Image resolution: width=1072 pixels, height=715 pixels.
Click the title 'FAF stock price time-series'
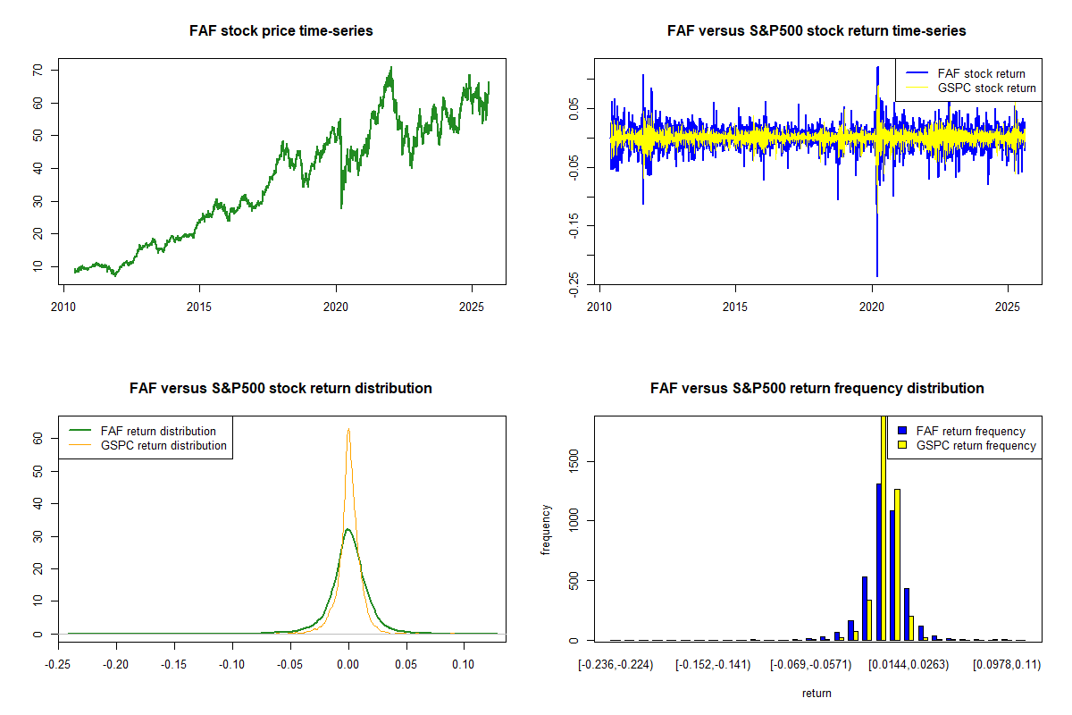coord(281,31)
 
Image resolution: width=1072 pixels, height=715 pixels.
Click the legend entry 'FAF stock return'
coord(981,73)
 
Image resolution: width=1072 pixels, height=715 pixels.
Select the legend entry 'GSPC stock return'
coord(986,88)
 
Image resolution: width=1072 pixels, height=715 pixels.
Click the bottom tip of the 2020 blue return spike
coord(876,276)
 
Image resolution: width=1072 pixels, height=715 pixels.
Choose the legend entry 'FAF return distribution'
coord(158,431)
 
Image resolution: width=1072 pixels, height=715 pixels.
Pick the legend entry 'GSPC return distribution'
coord(163,445)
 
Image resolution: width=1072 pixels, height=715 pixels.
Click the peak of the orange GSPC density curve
coord(348,429)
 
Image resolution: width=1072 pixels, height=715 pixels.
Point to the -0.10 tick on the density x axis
coord(232,665)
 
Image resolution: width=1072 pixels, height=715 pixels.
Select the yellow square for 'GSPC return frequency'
coord(902,445)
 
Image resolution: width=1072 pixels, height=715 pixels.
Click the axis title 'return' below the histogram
coord(817,693)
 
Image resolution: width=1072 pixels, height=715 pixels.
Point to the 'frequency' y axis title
coord(546,529)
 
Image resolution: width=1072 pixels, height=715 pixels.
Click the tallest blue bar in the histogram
coord(879,563)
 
